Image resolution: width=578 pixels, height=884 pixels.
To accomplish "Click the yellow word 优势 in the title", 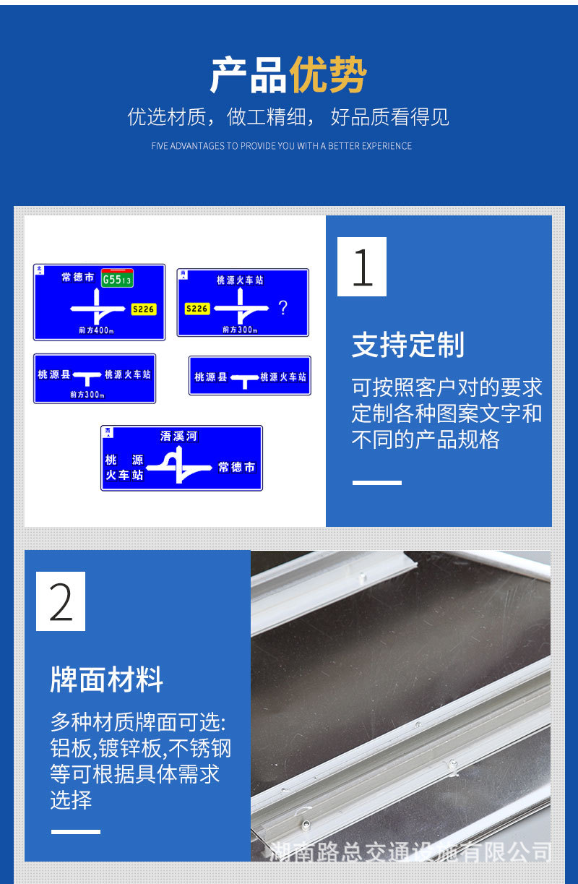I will click(328, 75).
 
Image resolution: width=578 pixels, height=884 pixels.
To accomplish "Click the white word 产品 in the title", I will click(248, 75).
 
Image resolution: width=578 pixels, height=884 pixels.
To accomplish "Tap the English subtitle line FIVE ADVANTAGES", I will click(282, 146).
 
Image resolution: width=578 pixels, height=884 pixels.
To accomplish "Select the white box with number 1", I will click(362, 267).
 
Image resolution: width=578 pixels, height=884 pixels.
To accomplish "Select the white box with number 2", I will click(61, 601).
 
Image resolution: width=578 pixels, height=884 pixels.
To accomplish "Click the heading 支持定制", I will click(407, 346).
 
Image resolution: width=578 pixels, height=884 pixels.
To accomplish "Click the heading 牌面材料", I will click(107, 680).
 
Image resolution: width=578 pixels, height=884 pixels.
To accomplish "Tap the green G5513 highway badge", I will click(117, 279).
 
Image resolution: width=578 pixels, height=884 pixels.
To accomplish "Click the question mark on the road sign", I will click(282, 308).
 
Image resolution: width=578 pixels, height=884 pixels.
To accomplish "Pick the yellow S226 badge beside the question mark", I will click(197, 309).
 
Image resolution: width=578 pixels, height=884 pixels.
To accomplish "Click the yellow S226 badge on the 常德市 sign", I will click(144, 309).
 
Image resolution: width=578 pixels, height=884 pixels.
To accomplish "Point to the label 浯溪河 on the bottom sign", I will click(178, 436).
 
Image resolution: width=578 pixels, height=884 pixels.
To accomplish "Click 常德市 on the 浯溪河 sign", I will click(236, 468).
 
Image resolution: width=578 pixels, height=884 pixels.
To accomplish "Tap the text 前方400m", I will click(96, 330).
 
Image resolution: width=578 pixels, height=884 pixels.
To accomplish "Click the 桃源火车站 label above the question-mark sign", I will click(240, 280).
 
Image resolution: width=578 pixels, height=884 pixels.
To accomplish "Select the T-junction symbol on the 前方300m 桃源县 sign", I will click(87, 377).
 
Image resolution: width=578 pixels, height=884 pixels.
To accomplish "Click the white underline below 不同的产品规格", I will click(376, 482).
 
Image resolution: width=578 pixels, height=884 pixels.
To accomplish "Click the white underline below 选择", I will click(75, 832).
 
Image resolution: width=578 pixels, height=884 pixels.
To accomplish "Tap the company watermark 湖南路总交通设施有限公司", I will click(410, 851).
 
